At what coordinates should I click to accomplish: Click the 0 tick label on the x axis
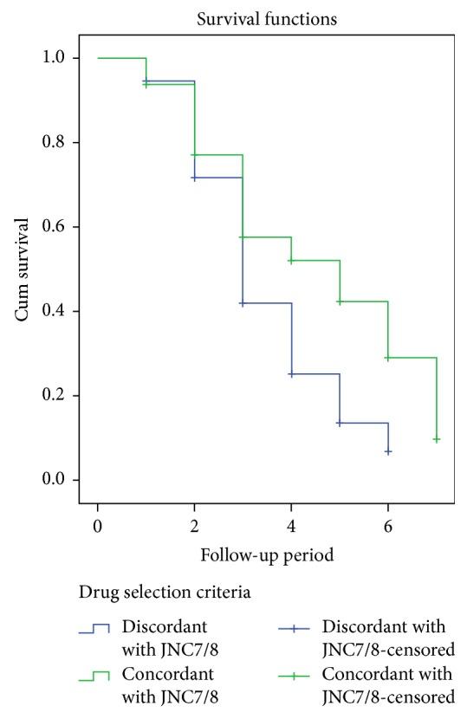tap(98, 524)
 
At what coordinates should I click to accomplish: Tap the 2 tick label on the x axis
tap(194, 524)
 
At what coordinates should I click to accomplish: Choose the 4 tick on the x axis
tap(291, 524)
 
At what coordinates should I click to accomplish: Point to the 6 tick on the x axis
tap(388, 524)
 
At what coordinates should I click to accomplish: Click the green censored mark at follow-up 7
tap(437, 439)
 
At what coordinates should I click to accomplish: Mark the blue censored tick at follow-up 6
tap(388, 451)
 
